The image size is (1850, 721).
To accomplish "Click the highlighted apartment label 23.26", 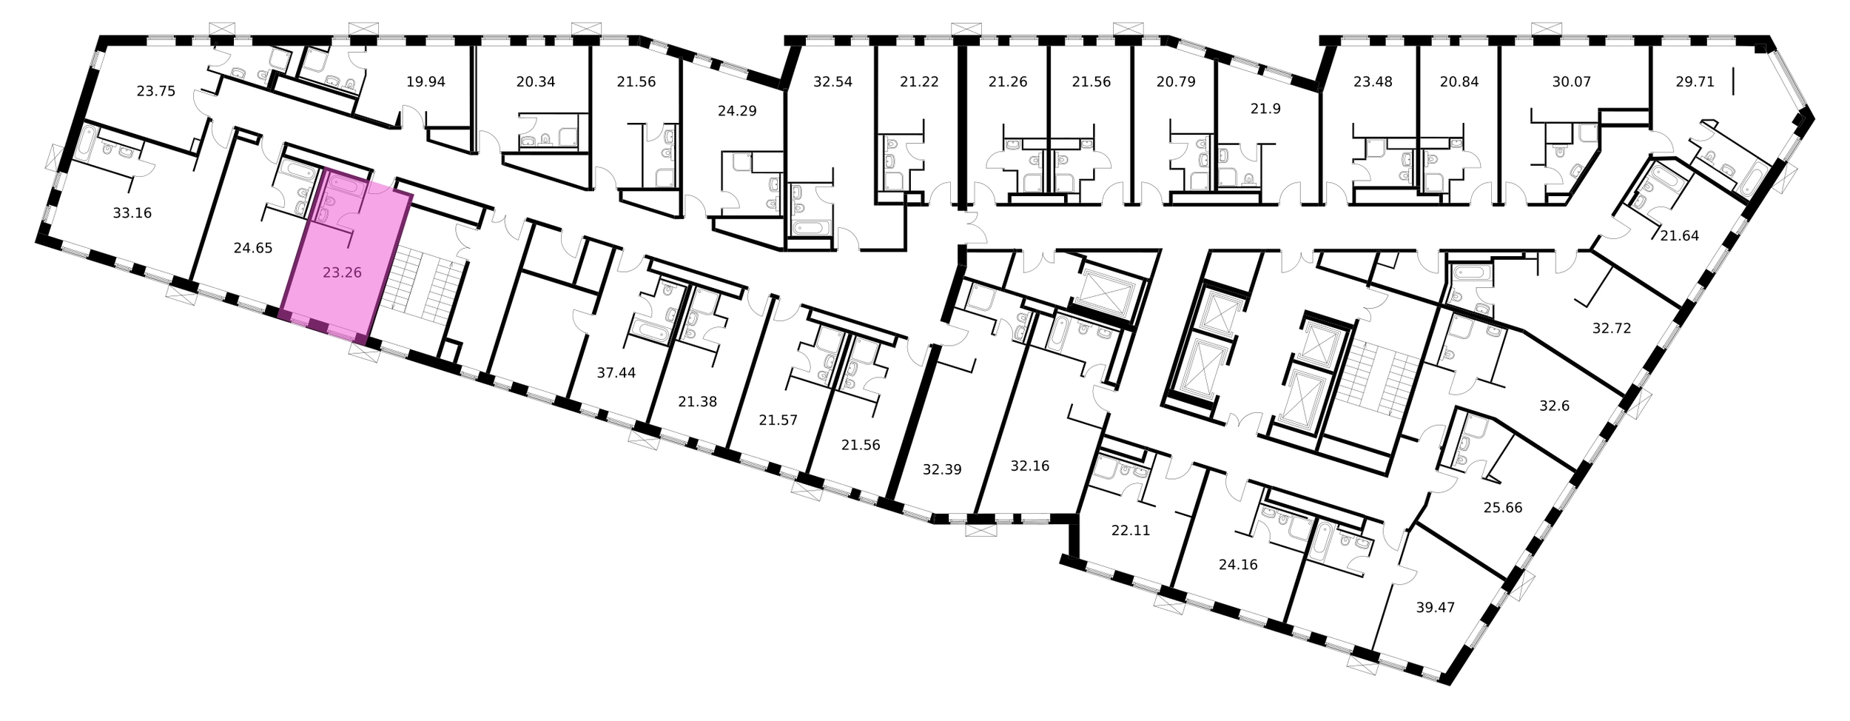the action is [342, 272].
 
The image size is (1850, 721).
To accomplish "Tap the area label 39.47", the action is [1435, 608].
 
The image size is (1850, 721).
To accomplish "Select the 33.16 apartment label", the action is [132, 213].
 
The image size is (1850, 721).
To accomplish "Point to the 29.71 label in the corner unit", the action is [1695, 82].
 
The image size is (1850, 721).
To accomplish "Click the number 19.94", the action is [425, 82].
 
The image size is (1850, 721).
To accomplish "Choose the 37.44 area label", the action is [616, 373].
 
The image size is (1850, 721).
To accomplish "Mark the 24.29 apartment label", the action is [737, 112].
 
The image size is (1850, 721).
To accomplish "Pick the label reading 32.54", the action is [832, 82].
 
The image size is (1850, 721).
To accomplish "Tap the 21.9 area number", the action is [1265, 109].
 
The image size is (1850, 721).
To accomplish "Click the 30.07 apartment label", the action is [1571, 82].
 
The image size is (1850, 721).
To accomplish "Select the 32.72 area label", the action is [1612, 328].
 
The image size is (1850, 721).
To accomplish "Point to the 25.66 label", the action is [1503, 508].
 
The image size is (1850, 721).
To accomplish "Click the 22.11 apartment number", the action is [1131, 531].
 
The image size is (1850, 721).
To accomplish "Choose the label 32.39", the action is [942, 469].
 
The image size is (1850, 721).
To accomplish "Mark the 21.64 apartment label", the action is [1679, 236].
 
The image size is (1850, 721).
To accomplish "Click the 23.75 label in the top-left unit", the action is [155, 92].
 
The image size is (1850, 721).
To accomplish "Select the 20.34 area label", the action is [535, 82].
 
